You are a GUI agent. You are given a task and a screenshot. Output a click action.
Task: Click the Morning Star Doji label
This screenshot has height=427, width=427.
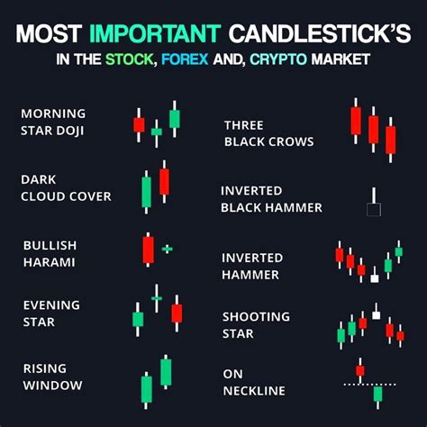click(x=53, y=122)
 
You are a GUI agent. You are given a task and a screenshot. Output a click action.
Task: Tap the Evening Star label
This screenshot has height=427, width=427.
click(x=50, y=313)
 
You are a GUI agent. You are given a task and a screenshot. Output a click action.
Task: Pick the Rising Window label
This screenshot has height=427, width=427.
click(x=53, y=377)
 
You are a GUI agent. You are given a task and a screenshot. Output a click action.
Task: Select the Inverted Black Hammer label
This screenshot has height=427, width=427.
click(x=271, y=198)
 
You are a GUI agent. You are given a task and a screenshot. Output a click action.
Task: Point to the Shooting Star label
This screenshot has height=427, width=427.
click(x=256, y=324)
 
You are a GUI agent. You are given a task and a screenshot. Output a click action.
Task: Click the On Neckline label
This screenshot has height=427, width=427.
click(x=254, y=381)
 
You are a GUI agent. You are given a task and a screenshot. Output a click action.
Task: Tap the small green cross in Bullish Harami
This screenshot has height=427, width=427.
click(x=168, y=248)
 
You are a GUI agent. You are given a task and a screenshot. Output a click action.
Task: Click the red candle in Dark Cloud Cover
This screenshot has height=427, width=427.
click(x=164, y=181)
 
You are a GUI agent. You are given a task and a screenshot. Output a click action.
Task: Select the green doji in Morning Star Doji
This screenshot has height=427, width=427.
click(x=157, y=132)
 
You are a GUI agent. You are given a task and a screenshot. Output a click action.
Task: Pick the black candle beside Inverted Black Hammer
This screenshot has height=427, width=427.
click(x=373, y=209)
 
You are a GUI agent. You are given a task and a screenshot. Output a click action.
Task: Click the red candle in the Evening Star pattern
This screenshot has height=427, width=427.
click(x=177, y=312)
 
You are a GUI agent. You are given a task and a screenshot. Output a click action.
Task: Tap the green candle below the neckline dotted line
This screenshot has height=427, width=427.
click(x=378, y=393)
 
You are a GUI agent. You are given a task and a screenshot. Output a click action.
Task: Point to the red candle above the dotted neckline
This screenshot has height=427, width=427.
click(x=359, y=370)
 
